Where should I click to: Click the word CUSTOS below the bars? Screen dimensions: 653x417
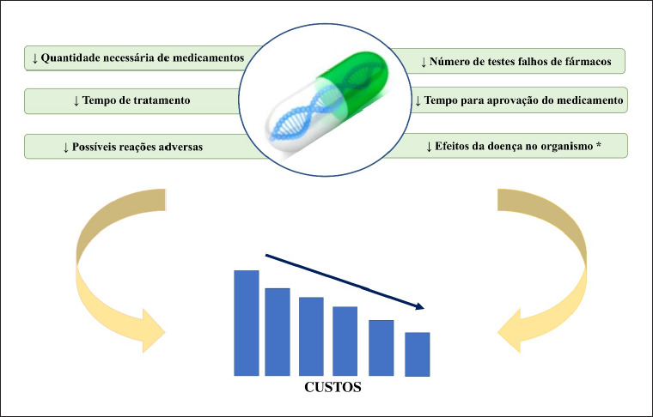coord(333,387)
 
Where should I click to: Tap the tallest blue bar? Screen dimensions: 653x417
coord(247,323)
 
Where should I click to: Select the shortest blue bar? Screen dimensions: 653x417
coord(418,354)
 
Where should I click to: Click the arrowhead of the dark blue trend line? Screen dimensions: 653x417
coord(419,307)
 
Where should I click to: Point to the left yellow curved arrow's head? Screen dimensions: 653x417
coord(153,331)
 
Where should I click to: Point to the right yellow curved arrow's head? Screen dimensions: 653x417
coord(510,331)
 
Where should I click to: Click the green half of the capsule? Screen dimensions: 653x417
coord(354,81)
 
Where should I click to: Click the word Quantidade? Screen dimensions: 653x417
coord(70,57)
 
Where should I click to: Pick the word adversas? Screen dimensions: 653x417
coord(182,147)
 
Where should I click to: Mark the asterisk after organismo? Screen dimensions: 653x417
coord(599,145)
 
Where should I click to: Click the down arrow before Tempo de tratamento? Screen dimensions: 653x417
coord(76,100)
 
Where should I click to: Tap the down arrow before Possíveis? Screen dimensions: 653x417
coord(66,148)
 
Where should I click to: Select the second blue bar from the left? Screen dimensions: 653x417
coord(278,332)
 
